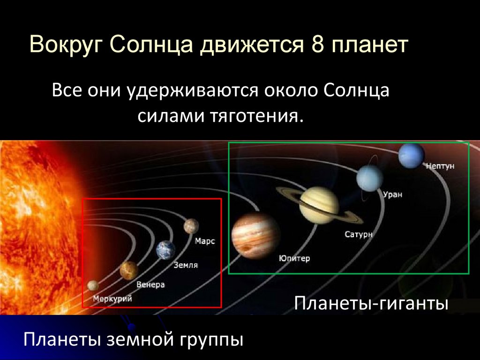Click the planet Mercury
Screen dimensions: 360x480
[93, 285]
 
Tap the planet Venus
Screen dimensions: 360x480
[128, 270]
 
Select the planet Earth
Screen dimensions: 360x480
[165, 250]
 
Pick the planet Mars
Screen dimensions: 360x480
[191, 226]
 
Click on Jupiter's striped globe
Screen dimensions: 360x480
[256, 235]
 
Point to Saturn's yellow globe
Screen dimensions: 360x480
[319, 205]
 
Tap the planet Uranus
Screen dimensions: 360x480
[369, 179]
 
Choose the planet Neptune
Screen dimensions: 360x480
[412, 155]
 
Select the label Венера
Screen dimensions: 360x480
[150, 285]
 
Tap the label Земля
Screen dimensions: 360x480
[186, 265]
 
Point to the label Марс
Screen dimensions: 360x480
[205, 241]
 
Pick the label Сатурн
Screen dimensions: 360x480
[359, 234]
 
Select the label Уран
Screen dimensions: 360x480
[392, 194]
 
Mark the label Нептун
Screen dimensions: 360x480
[440, 166]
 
